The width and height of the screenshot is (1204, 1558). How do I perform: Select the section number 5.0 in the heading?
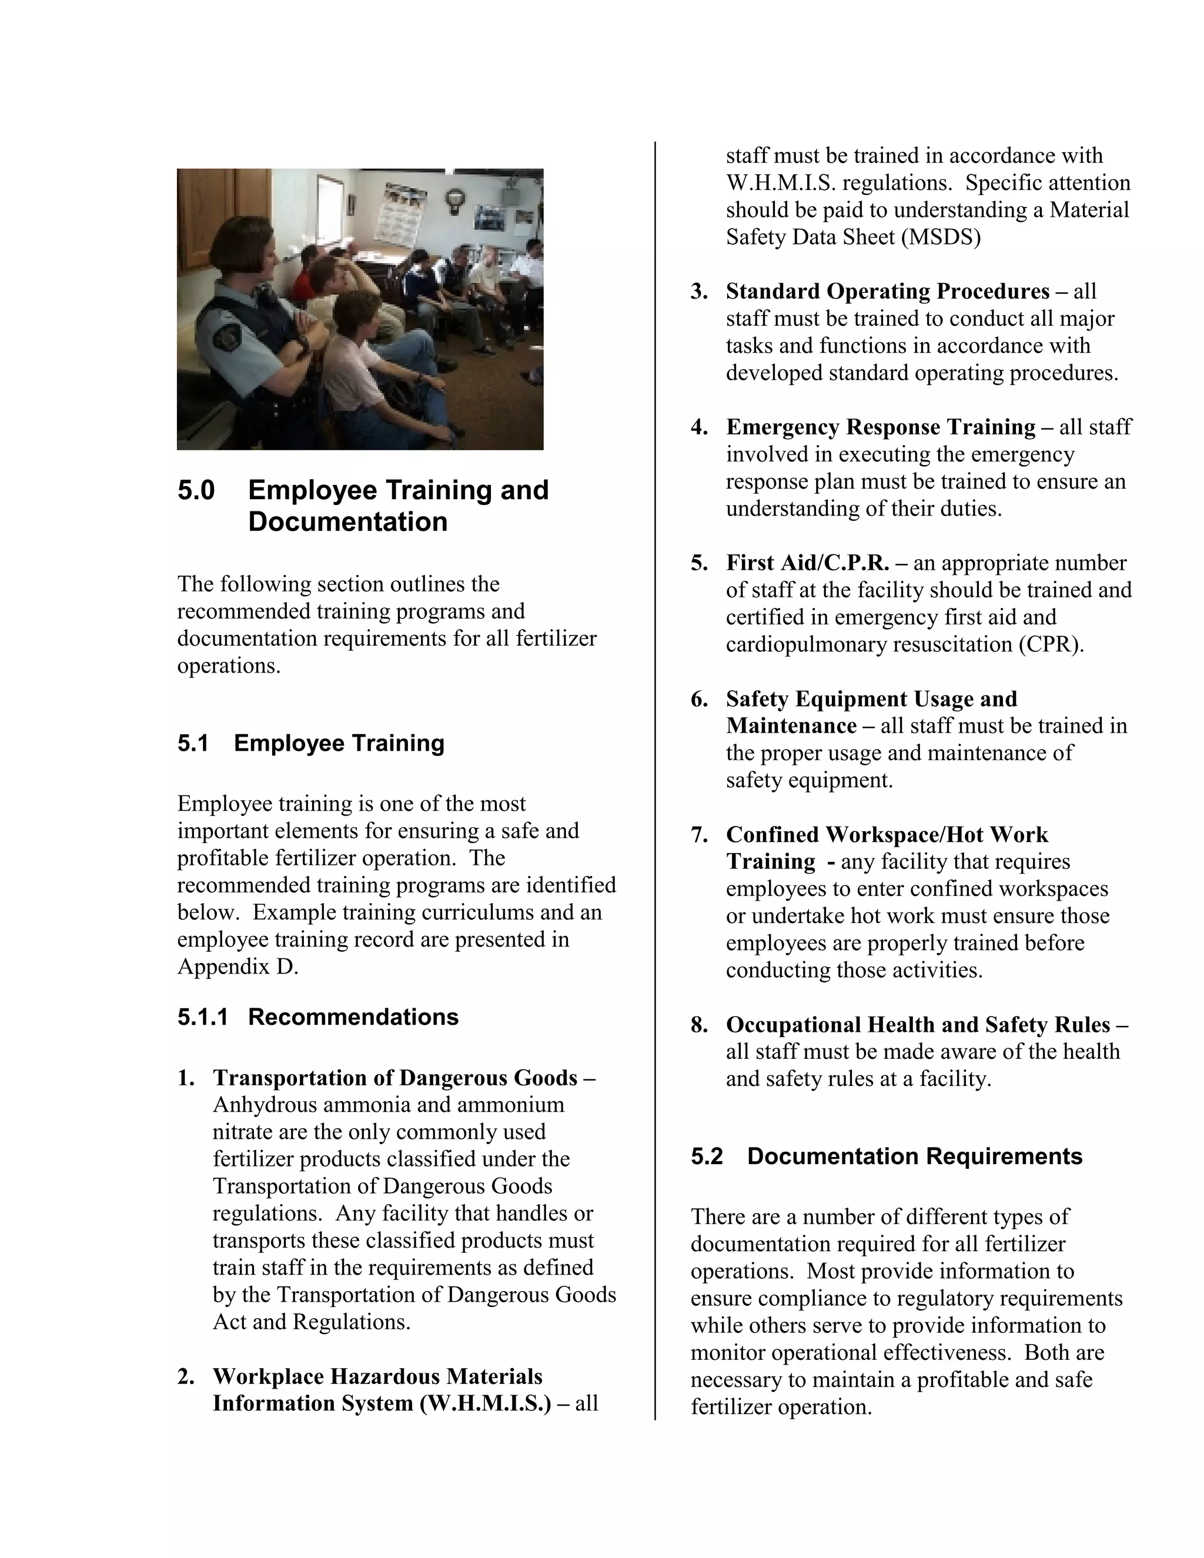[x=196, y=491]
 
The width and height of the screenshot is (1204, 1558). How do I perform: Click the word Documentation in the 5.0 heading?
[x=347, y=522]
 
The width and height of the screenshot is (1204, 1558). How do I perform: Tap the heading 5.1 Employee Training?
[x=311, y=743]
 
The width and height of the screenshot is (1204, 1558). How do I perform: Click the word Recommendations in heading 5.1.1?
[x=353, y=1017]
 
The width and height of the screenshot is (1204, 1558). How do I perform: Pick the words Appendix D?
[x=238, y=967]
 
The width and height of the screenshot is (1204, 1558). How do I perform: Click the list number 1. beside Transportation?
[x=186, y=1078]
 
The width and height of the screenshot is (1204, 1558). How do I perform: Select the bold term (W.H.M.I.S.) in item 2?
[x=486, y=1403]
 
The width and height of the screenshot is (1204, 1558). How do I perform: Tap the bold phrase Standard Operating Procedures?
[x=887, y=291]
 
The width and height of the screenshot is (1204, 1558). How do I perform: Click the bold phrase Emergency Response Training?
[x=880, y=427]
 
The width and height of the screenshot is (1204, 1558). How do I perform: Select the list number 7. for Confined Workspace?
[x=699, y=835]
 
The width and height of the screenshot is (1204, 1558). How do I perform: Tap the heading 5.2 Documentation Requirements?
[x=886, y=1156]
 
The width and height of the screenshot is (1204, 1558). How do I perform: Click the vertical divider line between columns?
[x=655, y=785]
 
